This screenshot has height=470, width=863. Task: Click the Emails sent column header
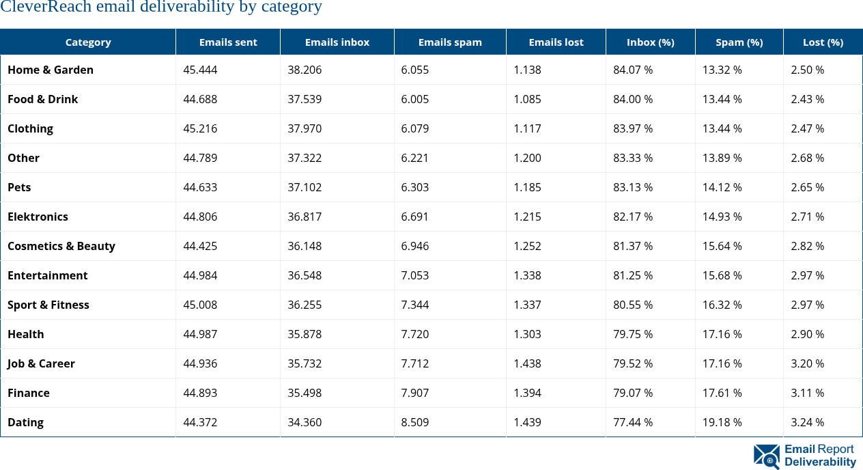228,42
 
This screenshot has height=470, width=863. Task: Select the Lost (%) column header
823,42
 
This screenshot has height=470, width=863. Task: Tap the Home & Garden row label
51,70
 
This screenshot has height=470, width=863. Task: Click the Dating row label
25,422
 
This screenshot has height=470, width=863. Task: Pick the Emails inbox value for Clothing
305,128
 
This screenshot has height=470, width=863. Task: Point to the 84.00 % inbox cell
633,99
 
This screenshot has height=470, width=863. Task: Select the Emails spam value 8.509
415,422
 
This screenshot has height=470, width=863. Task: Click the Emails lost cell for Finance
527,393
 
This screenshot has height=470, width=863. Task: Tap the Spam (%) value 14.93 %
722,217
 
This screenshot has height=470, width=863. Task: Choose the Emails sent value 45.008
200,305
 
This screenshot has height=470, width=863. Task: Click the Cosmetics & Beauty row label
61,246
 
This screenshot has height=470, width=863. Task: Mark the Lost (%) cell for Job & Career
808,363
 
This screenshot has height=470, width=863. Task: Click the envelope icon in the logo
766,456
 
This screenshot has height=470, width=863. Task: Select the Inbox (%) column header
650,42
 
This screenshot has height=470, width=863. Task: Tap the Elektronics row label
38,217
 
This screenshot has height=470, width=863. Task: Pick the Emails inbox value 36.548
305,275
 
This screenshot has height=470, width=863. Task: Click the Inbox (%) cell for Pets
633,187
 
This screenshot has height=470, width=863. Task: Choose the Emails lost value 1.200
527,158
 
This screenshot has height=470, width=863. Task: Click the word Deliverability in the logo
820,462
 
